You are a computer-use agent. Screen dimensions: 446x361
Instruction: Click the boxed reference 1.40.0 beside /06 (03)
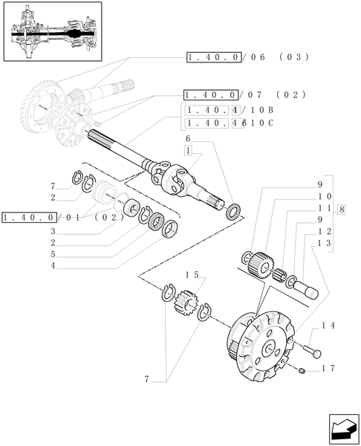click(212, 57)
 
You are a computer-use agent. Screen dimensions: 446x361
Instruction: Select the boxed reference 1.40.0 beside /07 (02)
click(210, 95)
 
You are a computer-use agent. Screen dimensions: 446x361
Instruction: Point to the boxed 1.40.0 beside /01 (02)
click(29, 217)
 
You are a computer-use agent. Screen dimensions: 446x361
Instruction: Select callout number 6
click(189, 139)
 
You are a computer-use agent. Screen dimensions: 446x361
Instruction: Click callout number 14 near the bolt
click(331, 326)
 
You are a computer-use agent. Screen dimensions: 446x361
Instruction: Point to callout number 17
click(330, 368)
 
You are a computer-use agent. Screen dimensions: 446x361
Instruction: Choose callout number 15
click(192, 275)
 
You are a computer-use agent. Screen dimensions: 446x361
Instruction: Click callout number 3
click(53, 231)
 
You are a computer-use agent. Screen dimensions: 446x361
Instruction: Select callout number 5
click(53, 253)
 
